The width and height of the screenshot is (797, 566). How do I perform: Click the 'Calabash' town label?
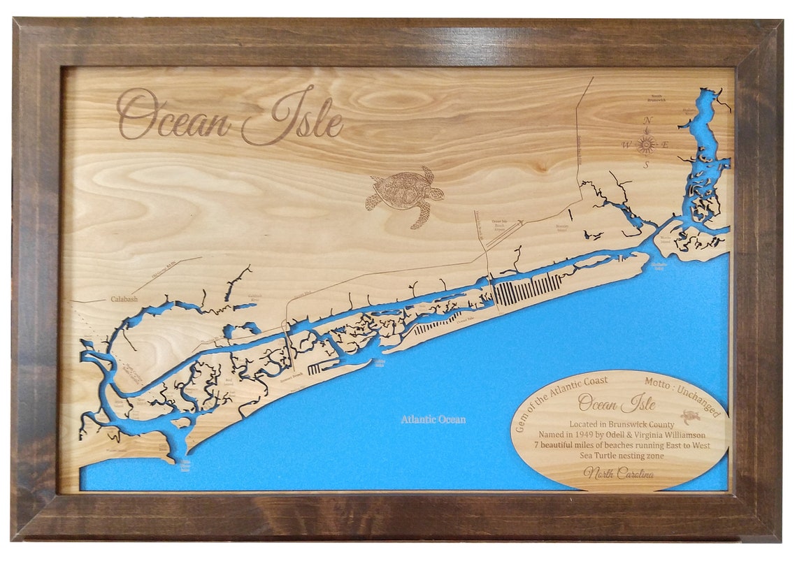pyautogui.click(x=124, y=299)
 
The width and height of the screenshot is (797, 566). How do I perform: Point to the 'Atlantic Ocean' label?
pyautogui.click(x=433, y=419)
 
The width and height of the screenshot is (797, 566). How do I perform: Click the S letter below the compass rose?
pyautogui.click(x=647, y=166)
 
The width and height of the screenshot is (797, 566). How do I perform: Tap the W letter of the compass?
pyautogui.click(x=626, y=145)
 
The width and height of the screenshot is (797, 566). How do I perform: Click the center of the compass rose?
pyautogui.click(x=646, y=144)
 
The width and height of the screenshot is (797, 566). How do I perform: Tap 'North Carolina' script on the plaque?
pyautogui.click(x=619, y=474)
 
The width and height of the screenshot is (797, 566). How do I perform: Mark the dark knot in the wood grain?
pyautogui.click(x=538, y=166)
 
